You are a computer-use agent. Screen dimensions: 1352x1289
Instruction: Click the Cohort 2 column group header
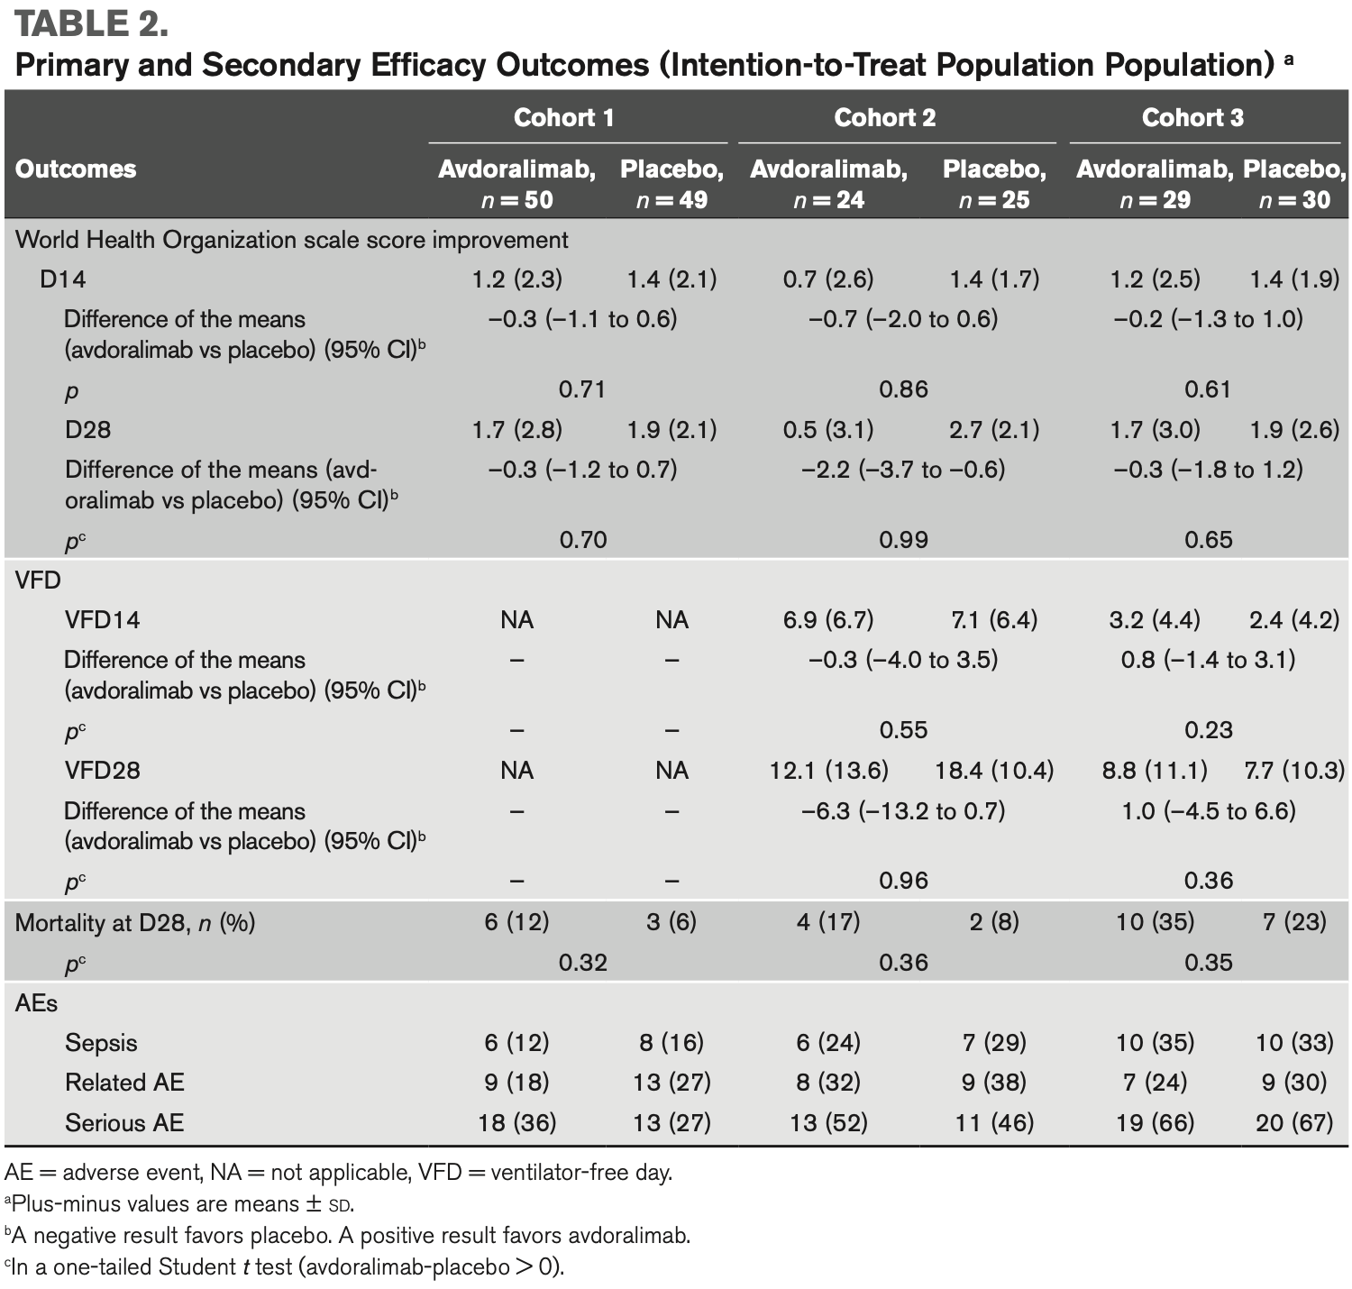point(884,117)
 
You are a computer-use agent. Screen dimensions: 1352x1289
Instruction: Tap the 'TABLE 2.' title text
point(91,23)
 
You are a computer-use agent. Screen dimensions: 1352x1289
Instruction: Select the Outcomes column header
point(76,169)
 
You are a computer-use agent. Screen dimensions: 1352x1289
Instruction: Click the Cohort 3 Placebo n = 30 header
point(1294,185)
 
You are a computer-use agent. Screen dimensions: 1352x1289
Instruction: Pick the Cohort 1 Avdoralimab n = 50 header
point(517,185)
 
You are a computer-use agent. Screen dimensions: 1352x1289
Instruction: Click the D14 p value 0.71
point(581,389)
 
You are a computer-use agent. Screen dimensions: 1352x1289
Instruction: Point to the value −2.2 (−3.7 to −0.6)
point(903,470)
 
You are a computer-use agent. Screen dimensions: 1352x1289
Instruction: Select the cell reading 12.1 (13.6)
point(828,771)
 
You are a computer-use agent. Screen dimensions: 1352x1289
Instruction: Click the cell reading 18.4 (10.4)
point(993,771)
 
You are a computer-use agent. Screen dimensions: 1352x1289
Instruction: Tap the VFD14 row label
point(103,620)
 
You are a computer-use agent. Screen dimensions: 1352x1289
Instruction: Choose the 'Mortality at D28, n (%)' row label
point(135,922)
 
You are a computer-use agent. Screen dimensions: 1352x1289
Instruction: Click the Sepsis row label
point(101,1043)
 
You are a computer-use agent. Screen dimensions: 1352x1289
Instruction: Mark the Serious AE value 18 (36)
point(517,1122)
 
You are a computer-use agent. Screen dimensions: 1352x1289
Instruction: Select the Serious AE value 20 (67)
point(1294,1122)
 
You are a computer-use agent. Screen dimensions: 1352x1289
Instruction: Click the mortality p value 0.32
point(582,963)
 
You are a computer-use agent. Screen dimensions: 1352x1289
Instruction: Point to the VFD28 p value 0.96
point(904,881)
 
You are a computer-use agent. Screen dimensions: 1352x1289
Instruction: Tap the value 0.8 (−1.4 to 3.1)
point(1209,661)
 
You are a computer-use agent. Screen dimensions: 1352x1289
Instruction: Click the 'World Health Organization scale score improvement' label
point(291,240)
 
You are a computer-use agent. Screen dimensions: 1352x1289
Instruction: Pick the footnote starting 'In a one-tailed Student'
point(284,1267)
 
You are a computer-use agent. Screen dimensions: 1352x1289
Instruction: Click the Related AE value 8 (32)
point(828,1083)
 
